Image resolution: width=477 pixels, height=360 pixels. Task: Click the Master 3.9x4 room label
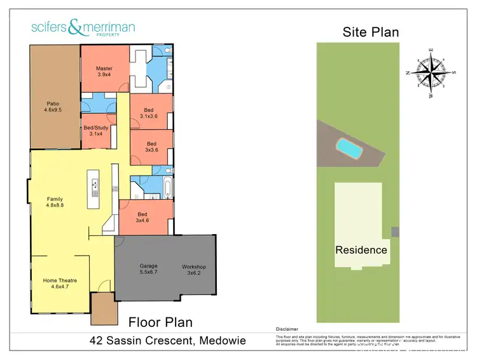coord(104,71)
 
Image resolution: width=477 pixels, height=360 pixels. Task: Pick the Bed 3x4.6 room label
coord(143,218)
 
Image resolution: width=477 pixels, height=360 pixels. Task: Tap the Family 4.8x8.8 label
coord(55,202)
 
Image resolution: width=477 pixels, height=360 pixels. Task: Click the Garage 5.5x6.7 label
coord(148,269)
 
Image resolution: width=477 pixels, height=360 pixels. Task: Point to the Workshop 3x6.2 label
coord(194,270)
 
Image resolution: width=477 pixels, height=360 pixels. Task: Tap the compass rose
coord(431,72)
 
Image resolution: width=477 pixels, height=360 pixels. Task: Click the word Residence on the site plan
coord(361,250)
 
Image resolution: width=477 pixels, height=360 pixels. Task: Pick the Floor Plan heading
coord(160,322)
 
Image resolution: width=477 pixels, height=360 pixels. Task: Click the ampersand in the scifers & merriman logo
coord(75,27)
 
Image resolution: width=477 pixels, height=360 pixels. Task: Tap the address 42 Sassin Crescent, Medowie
coord(167,342)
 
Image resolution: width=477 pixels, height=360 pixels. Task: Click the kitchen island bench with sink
coord(95,190)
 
